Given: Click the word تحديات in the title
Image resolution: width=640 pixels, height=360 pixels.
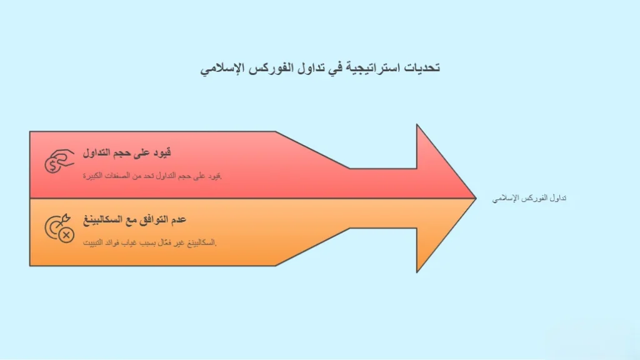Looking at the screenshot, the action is click(x=422, y=67).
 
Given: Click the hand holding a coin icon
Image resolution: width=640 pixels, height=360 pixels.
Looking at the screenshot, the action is click(x=59, y=161).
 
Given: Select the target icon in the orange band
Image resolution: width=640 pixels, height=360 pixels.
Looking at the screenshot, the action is click(x=59, y=228).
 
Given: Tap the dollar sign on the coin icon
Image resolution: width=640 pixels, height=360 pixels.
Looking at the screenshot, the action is click(x=52, y=166).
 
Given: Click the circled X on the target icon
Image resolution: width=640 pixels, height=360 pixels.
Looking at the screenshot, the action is click(x=66, y=235).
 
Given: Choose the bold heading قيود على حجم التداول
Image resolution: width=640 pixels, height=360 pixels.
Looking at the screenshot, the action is click(x=127, y=152).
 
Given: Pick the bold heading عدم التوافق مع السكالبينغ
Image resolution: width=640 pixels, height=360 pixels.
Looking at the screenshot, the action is click(x=135, y=219).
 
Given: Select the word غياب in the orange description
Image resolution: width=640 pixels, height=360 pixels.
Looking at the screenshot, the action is click(x=129, y=243).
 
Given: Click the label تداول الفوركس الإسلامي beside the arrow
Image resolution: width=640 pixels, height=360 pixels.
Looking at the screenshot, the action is click(x=529, y=198).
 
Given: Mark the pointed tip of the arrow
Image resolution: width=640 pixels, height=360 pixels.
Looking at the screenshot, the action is click(x=476, y=198).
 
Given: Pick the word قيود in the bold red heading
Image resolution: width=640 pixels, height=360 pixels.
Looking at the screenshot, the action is click(x=162, y=152).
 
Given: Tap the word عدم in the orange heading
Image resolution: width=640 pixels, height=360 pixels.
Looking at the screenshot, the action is click(x=177, y=219).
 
